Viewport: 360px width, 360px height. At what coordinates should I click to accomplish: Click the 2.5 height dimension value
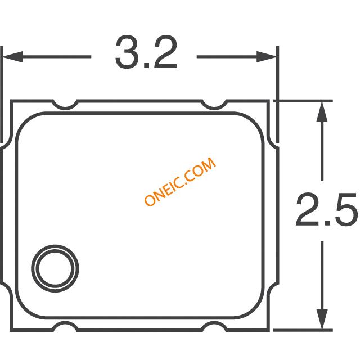326,209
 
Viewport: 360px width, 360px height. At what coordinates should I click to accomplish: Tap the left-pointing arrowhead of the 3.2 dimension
12,56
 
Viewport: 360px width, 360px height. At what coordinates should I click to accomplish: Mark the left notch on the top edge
67,104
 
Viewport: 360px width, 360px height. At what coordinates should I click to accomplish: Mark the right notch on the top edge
214,104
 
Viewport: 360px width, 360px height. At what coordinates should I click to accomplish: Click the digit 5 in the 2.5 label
343,209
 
